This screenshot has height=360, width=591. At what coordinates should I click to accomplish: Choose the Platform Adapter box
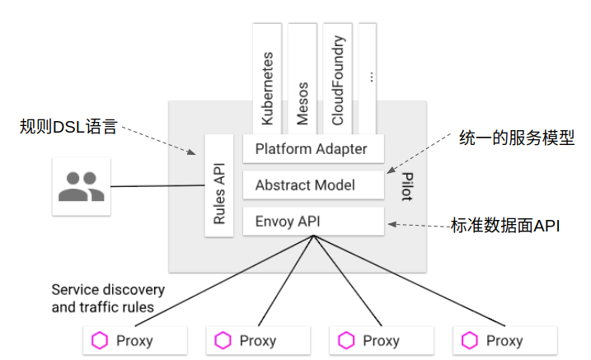pyautogui.click(x=313, y=149)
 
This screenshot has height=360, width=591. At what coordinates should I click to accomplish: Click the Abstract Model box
pyautogui.click(x=313, y=185)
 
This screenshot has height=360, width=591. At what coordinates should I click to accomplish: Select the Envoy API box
pyautogui.click(x=313, y=221)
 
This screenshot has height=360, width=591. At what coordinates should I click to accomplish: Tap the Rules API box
pyautogui.click(x=219, y=185)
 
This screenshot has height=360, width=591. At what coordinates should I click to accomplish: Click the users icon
pyautogui.click(x=81, y=187)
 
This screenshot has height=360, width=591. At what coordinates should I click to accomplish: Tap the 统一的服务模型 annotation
pyautogui.click(x=516, y=138)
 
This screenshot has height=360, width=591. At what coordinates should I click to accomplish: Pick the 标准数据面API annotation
pyautogui.click(x=505, y=225)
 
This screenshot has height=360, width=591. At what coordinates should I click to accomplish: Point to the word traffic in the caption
pyautogui.click(x=101, y=307)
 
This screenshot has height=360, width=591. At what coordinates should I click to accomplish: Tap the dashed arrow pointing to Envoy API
pyautogui.click(x=419, y=223)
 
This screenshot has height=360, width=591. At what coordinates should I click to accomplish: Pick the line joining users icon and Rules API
pyautogui.click(x=157, y=186)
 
